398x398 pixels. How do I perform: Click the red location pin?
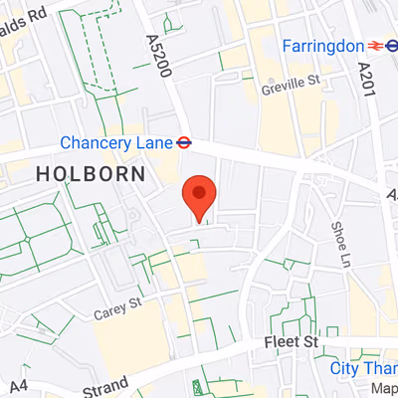pyautogui.click(x=200, y=195)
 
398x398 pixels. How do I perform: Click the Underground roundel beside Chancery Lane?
pyautogui.click(x=183, y=142)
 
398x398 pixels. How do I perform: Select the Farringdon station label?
pyautogui.click(x=321, y=45)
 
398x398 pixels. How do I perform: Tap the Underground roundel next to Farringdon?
pyautogui.click(x=375, y=45)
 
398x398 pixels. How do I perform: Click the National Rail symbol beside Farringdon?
pyautogui.click(x=392, y=45)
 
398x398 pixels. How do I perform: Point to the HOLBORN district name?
pyautogui.click(x=90, y=173)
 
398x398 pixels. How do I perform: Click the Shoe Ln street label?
pyautogui.click(x=338, y=239)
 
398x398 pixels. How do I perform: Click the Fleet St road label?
pyautogui.click(x=291, y=342)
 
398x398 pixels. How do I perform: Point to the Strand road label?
pyautogui.click(x=105, y=384)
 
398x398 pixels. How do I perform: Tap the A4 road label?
pyautogui.click(x=19, y=385)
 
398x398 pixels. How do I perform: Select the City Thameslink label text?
pyautogui.click(x=363, y=369)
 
